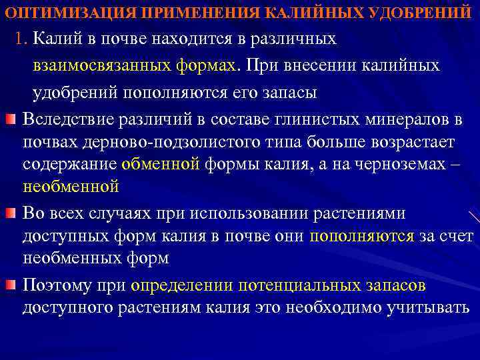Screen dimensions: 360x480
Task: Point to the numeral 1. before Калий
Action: coord(22,39)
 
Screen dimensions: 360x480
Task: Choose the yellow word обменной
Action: coord(161,164)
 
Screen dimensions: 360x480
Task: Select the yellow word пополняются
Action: coord(361,235)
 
